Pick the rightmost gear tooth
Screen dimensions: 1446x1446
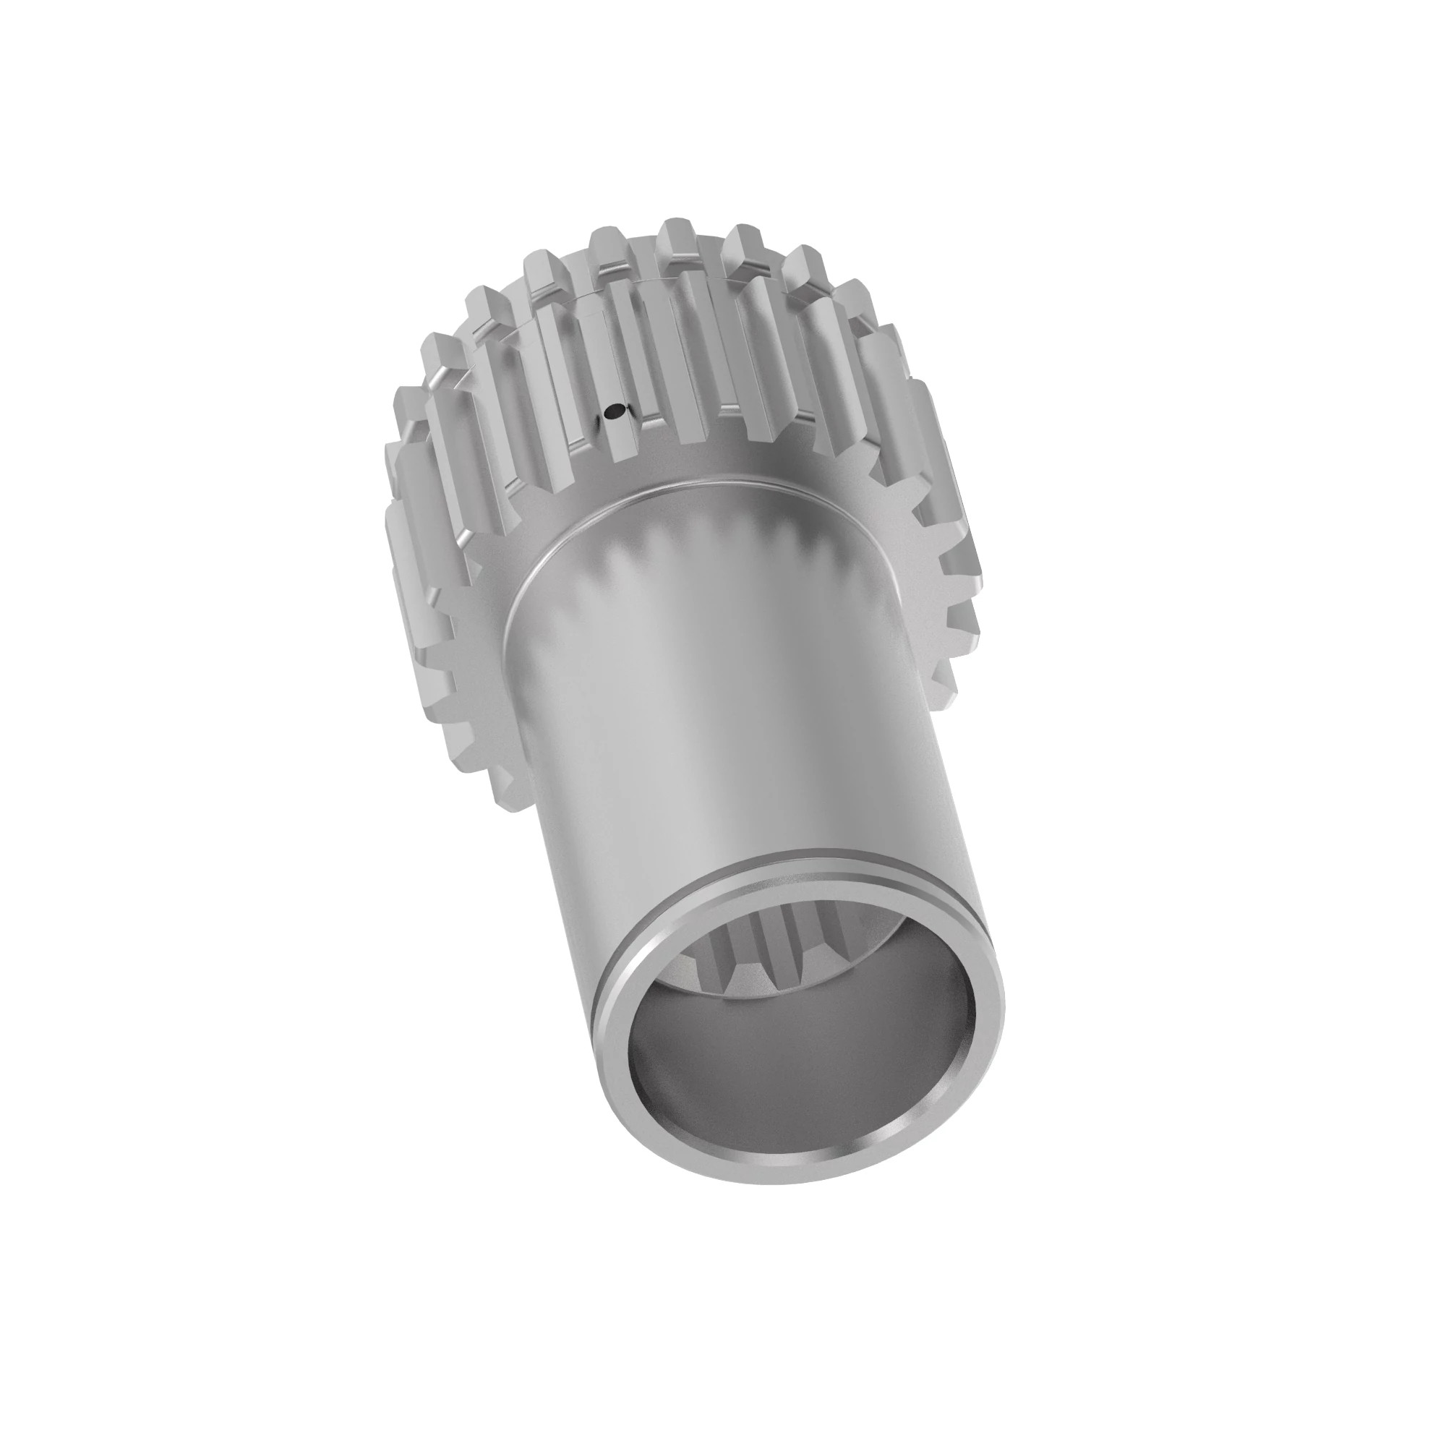click(965, 569)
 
